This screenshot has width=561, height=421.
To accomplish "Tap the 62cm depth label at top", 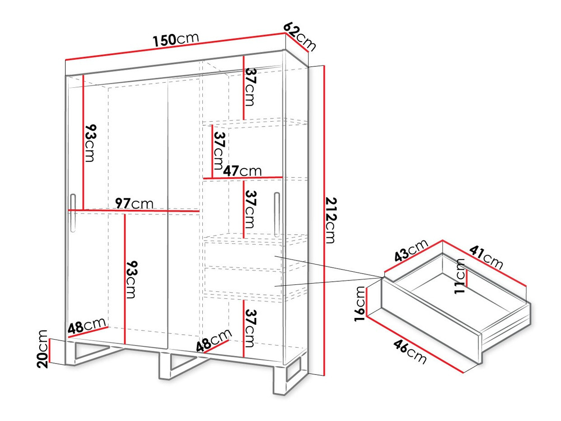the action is click(x=299, y=37).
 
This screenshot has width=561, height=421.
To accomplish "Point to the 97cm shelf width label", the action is click(x=134, y=203).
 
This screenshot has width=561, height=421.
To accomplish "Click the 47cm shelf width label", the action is click(x=242, y=170).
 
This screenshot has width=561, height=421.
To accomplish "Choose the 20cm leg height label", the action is click(x=42, y=349).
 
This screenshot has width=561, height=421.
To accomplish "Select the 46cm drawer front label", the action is click(x=410, y=351).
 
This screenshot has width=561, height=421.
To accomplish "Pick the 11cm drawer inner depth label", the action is click(x=460, y=276).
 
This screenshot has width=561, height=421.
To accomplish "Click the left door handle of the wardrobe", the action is click(x=73, y=213).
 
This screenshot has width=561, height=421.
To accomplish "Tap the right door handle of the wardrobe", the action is click(x=277, y=214).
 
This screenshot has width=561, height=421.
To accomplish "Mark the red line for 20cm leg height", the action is click(x=50, y=351).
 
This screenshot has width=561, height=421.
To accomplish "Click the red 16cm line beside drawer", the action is click(x=366, y=303).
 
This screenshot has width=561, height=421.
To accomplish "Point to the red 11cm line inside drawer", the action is click(x=467, y=278).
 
